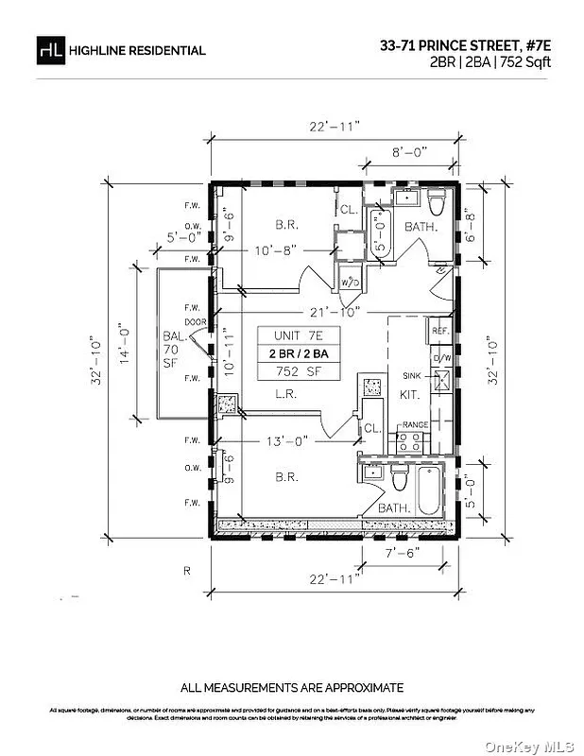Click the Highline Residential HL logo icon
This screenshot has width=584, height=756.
click(x=49, y=49)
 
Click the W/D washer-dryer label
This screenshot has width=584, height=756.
click(x=349, y=283)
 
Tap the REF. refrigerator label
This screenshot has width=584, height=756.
click(x=440, y=332)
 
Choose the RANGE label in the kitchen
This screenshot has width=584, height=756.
click(x=416, y=425)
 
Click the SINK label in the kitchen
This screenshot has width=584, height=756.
click(x=412, y=375)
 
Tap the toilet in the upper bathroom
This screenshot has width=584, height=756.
click(x=437, y=203)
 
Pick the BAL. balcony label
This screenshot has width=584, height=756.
click(x=172, y=335)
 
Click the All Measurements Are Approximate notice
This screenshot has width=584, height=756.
click(x=292, y=687)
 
